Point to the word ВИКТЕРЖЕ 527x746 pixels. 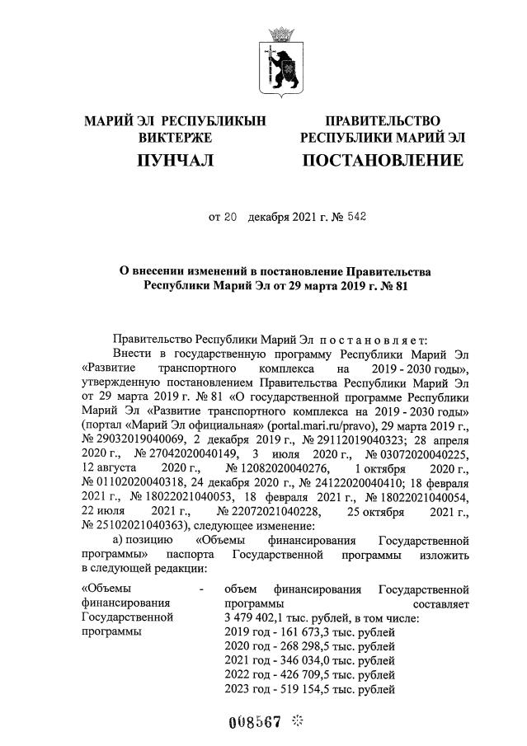(x=176, y=137)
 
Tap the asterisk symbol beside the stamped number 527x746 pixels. (x=298, y=719)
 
